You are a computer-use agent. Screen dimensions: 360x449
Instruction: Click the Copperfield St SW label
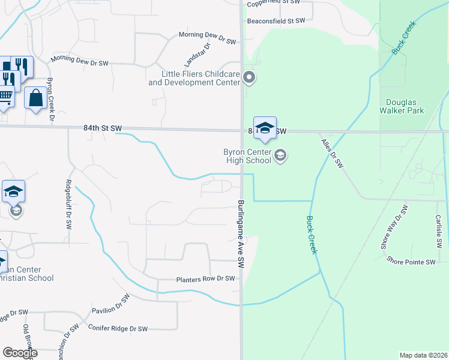pos(280,4)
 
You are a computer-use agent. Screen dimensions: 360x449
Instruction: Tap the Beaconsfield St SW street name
pos(276,20)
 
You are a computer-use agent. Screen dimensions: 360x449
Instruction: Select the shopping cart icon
pos(5,96)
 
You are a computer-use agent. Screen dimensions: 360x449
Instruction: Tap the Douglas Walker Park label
pos(402,106)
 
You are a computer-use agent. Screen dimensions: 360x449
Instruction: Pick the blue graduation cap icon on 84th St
pos(265,128)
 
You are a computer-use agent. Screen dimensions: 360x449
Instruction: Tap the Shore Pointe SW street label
pos(411,262)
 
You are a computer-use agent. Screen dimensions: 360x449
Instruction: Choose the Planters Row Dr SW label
pos(205,279)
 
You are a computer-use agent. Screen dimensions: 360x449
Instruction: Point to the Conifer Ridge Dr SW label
pos(118,329)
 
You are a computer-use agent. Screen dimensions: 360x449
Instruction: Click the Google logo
pos(20,353)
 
